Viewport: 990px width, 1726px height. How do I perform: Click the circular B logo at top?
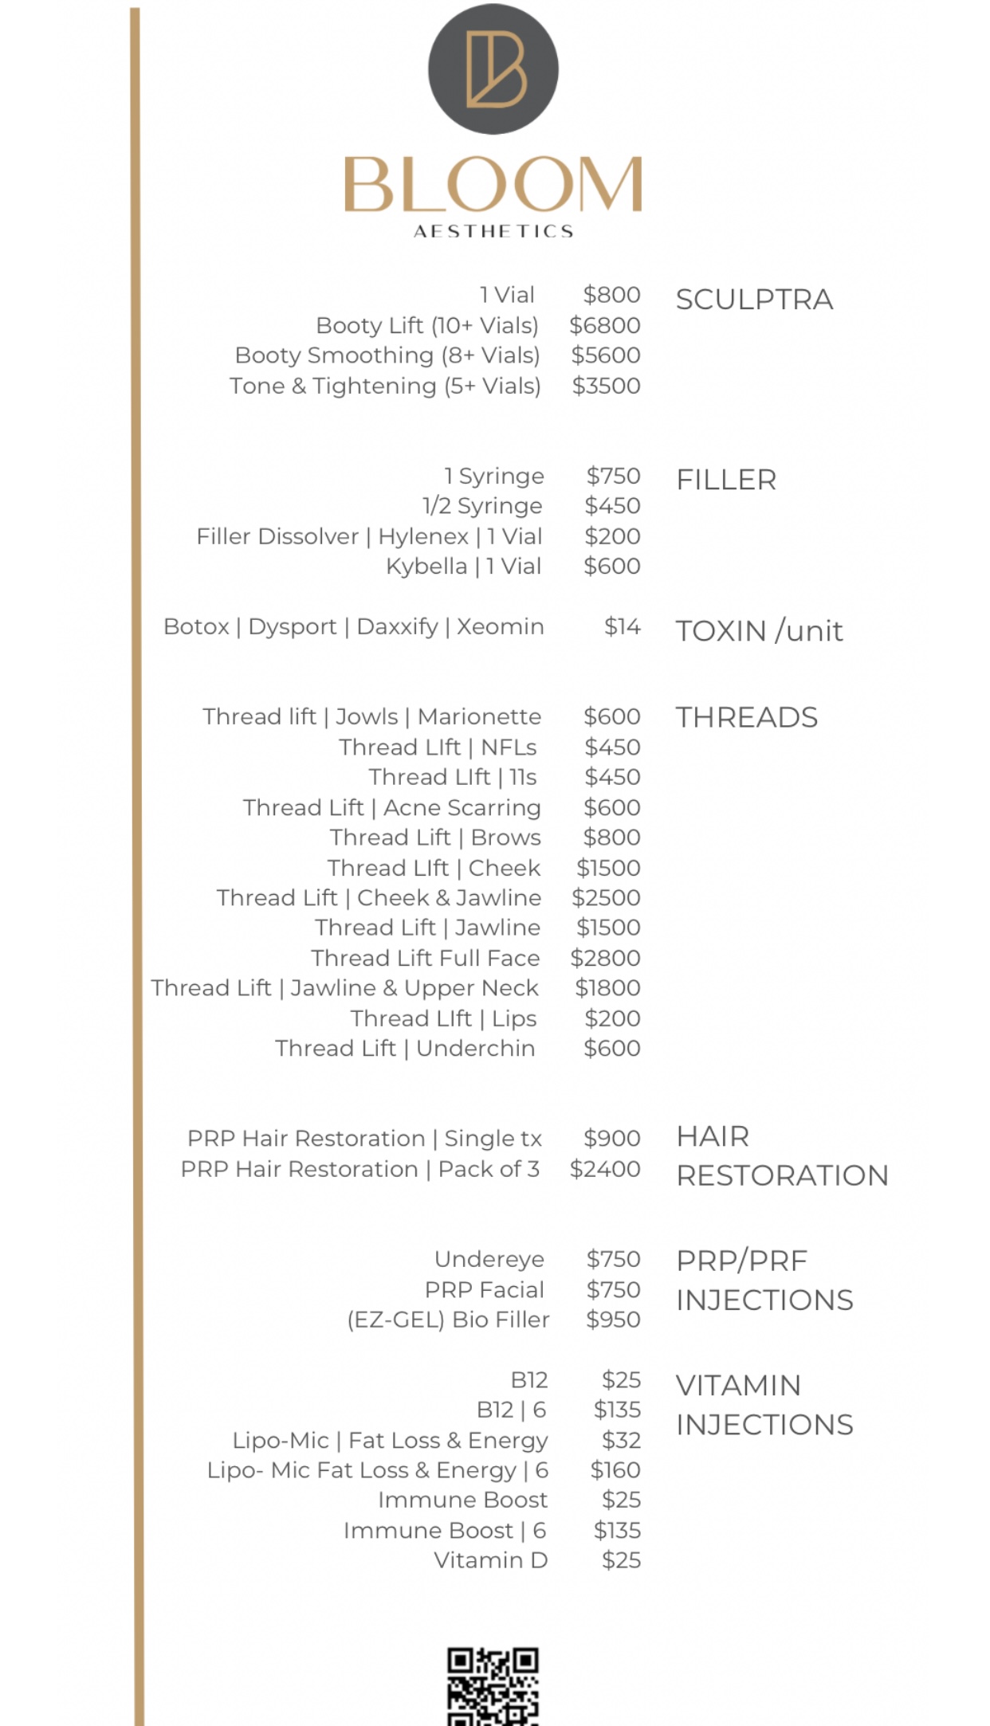coord(493,69)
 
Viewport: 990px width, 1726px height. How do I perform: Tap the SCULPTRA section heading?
coord(754,300)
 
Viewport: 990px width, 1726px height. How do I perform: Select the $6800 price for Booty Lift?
coord(605,325)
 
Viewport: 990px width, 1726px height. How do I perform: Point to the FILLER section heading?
coord(726,480)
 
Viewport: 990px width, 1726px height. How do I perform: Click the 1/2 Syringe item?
coord(482,506)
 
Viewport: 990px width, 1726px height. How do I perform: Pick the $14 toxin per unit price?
coord(622,626)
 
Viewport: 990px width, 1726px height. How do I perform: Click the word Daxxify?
coord(397,626)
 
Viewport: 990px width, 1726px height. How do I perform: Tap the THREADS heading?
coord(747,717)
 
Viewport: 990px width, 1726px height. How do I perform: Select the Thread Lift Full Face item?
coord(426,958)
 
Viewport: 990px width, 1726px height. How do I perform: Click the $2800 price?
coord(605,958)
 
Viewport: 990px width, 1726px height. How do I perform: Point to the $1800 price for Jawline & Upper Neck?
coord(607,988)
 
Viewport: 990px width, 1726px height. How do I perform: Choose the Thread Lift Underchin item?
coord(405,1049)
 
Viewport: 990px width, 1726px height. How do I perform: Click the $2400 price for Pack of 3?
coord(605,1169)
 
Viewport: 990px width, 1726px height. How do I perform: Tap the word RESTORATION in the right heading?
coord(782,1175)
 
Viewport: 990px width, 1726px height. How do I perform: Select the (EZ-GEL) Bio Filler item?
coord(448,1320)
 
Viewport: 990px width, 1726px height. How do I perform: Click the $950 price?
coord(613,1320)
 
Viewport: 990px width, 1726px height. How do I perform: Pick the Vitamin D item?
coord(490,1560)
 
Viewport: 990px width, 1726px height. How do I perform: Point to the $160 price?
coord(615,1470)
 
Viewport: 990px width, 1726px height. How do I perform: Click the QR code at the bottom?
coord(493,1685)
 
